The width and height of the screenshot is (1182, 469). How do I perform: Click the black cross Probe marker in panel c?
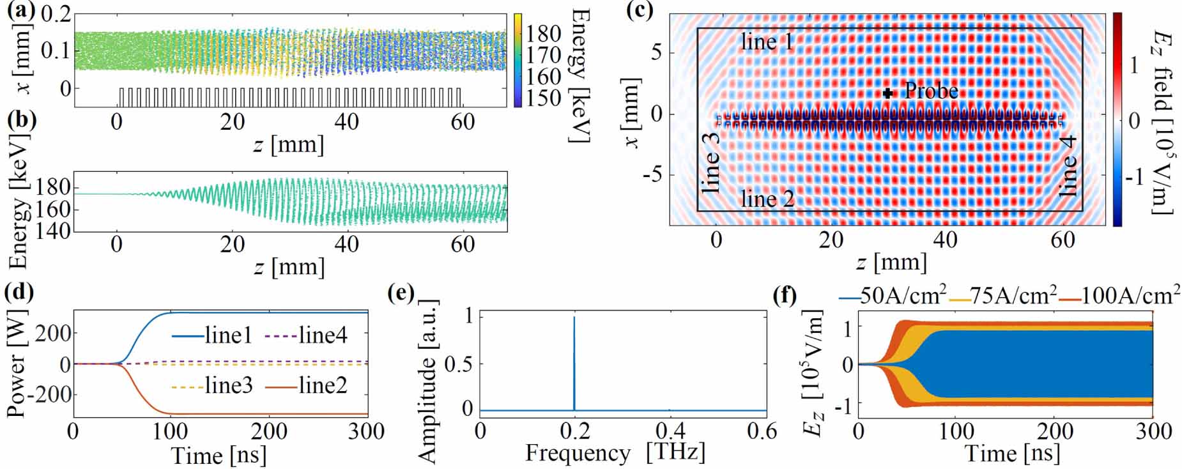pos(887,93)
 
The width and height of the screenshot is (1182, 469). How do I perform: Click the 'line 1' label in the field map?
pos(767,42)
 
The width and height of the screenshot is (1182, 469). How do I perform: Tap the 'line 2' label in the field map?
pos(767,199)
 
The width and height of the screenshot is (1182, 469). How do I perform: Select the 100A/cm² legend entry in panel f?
pos(1119,296)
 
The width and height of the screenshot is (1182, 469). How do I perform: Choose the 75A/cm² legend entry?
pos(1002,296)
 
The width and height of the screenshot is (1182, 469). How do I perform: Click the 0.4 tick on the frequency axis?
pos(670,431)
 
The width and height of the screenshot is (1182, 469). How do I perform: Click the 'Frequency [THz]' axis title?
pos(615,453)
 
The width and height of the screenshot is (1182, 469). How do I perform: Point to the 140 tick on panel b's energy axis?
pos(54,230)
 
